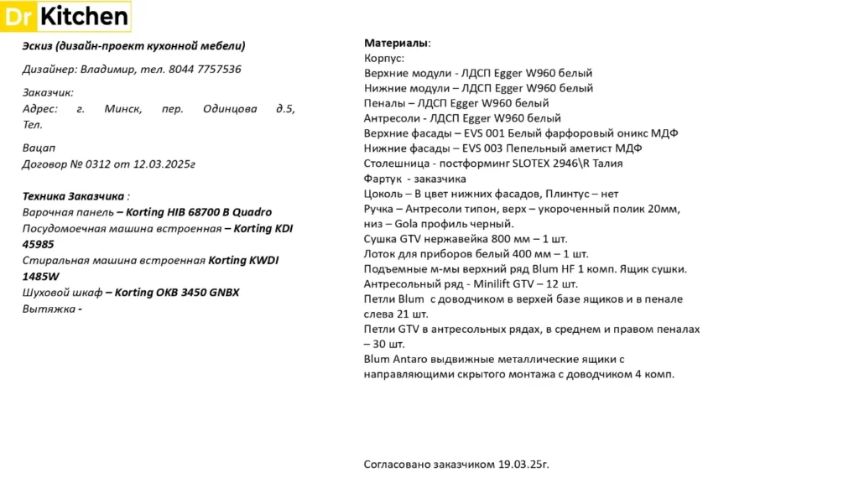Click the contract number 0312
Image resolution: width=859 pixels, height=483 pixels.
96,164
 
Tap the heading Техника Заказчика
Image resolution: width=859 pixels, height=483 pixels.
74,196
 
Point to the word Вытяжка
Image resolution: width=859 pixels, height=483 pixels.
49,309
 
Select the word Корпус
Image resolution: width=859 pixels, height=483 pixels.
383,58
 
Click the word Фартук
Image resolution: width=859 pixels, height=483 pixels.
383,179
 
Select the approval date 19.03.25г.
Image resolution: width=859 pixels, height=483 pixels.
524,464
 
